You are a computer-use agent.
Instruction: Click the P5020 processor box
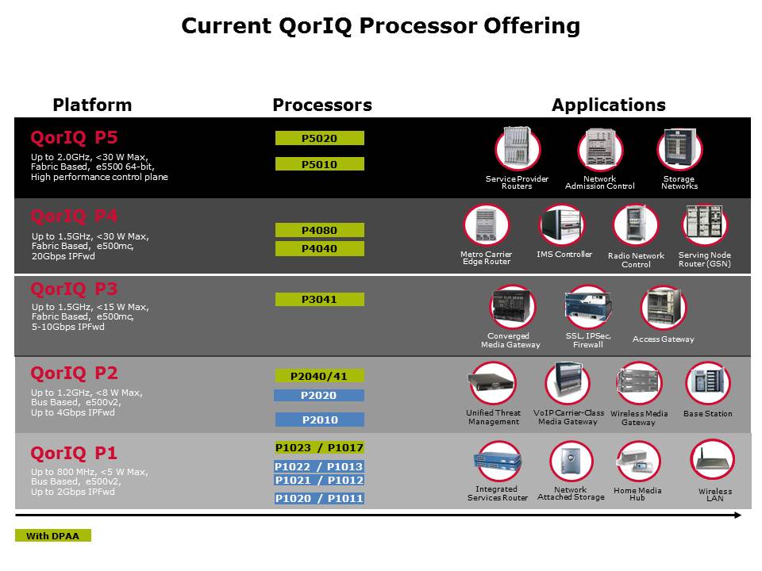coord(319,138)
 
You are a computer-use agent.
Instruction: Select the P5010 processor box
coord(319,164)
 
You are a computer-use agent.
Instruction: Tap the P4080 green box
coord(319,230)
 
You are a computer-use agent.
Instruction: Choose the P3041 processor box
coord(319,299)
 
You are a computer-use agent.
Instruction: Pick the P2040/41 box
coord(319,376)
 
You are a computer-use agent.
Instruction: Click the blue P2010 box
coord(319,420)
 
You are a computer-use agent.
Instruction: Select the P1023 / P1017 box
coord(319,447)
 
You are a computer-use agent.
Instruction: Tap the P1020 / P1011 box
coord(319,498)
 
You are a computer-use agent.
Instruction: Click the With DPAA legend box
coord(53,535)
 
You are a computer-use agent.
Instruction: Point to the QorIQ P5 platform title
coord(74,137)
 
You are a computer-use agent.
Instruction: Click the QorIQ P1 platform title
coord(74,454)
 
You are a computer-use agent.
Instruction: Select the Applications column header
coord(609,105)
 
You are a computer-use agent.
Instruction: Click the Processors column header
coord(322,105)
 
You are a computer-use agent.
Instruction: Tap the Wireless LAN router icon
coord(713,460)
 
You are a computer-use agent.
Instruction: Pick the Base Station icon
coord(707,383)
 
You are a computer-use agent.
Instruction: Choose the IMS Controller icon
coord(562,224)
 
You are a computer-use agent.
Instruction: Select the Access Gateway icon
coord(664,308)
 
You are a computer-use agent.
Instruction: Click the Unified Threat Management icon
coord(493,383)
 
